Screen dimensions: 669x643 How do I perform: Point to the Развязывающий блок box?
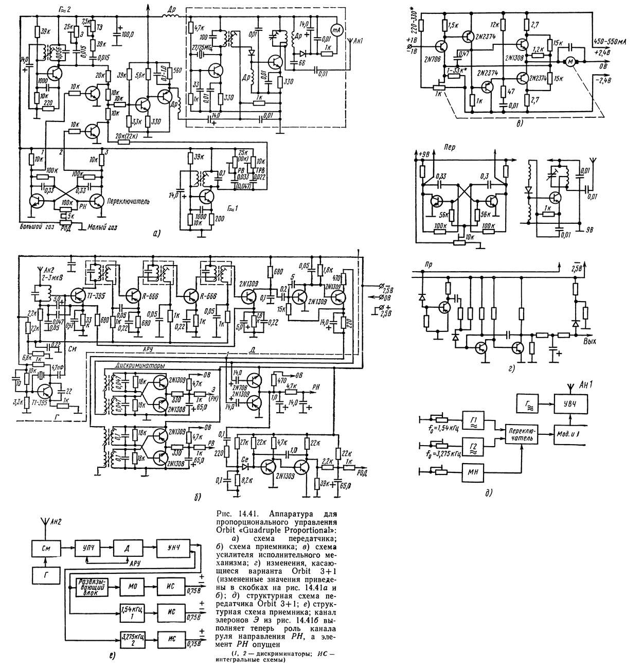pos(92,587)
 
